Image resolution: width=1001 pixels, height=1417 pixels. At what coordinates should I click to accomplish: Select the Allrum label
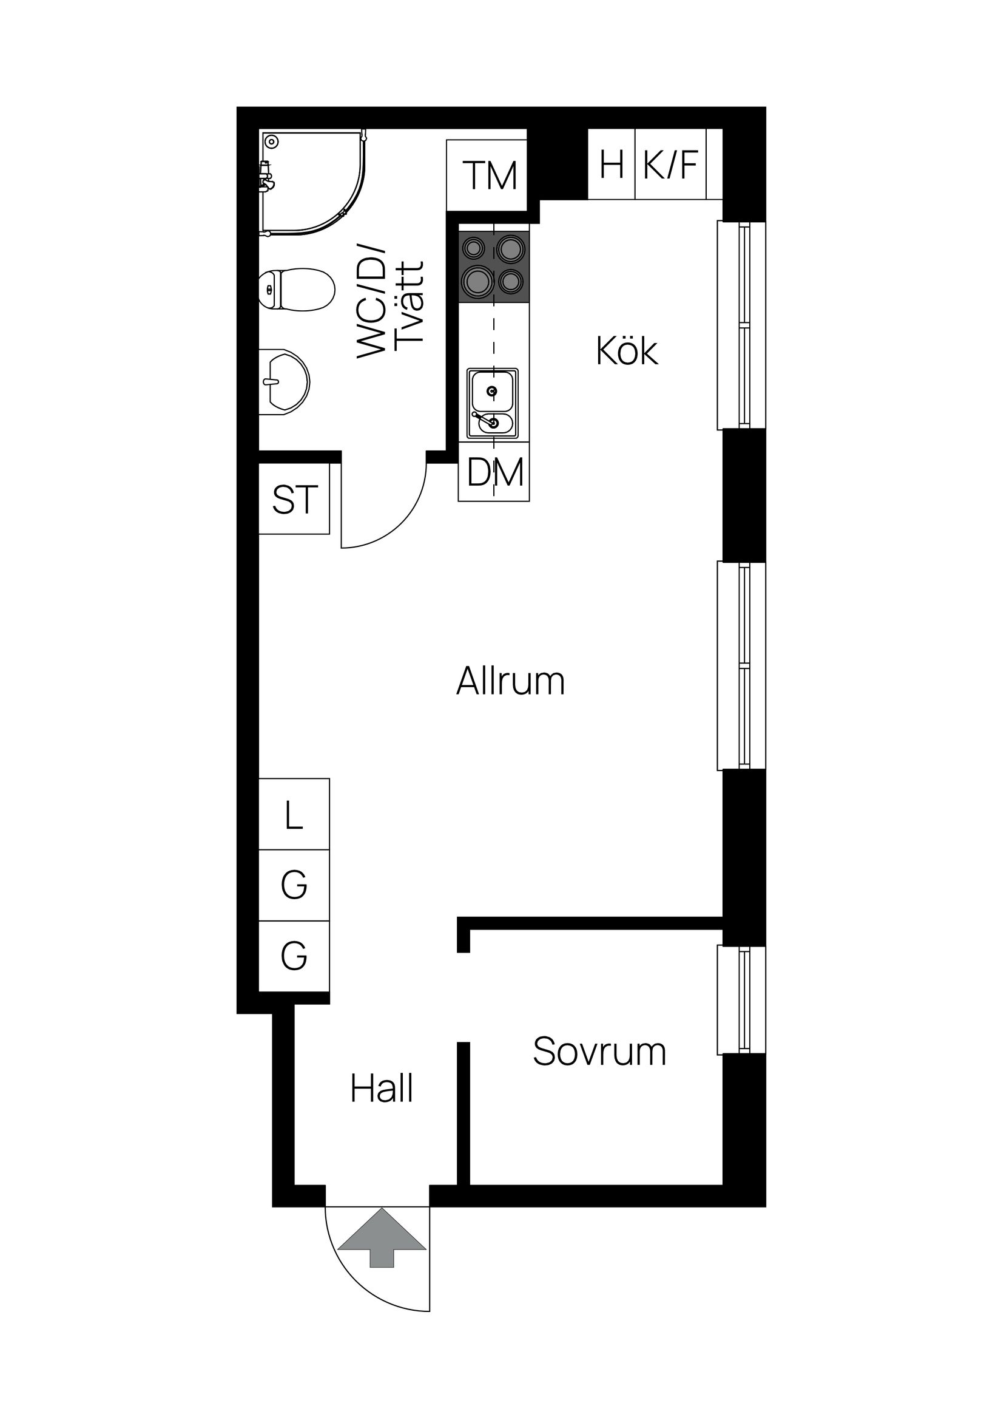point(510,681)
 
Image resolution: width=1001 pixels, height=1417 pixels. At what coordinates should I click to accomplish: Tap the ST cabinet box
point(295,499)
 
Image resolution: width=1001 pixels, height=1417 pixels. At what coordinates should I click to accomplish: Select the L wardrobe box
point(294,815)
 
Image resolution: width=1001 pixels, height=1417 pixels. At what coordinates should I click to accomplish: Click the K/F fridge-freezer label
point(670,165)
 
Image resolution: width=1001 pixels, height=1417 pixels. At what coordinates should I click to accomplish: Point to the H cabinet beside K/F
point(611,165)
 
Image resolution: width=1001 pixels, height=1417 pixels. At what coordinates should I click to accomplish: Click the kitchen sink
point(493,404)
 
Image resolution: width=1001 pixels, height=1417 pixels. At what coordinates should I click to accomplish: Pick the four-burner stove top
point(494,267)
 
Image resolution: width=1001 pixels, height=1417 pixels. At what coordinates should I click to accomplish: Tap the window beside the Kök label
point(741,325)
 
